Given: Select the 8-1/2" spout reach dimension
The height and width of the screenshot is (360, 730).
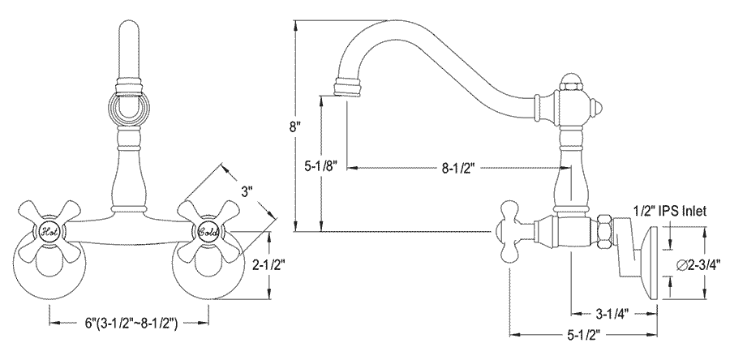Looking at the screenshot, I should [458, 169].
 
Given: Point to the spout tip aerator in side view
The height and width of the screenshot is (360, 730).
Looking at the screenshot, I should [347, 86].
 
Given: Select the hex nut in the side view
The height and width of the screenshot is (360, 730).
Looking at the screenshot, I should [604, 231].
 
